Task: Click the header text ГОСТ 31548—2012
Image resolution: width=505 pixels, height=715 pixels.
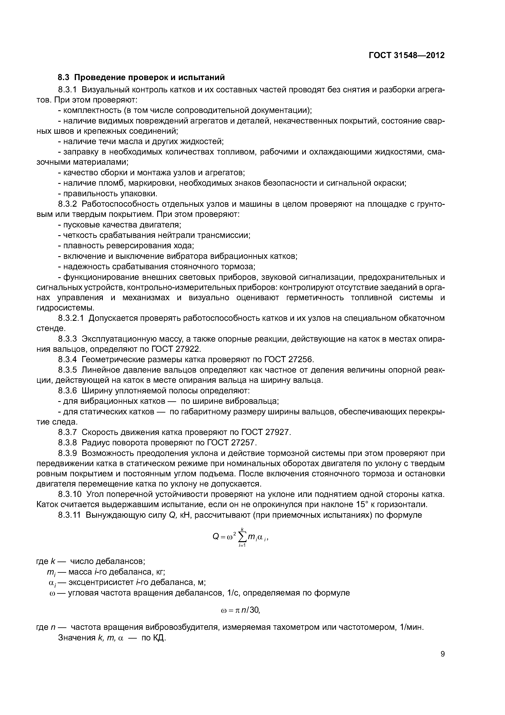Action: pos(406,55)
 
